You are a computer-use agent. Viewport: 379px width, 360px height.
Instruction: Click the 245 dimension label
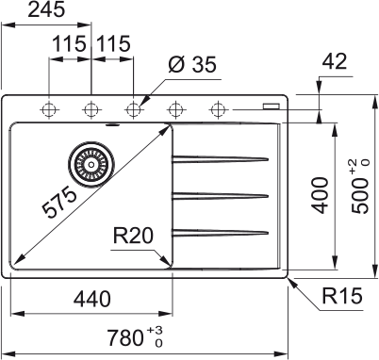[46, 9]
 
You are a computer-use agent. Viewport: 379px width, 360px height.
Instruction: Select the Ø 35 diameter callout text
[192, 65]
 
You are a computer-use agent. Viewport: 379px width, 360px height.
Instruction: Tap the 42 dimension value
[335, 61]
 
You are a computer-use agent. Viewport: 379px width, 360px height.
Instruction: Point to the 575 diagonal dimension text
[59, 202]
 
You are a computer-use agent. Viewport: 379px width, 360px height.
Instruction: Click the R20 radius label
[133, 236]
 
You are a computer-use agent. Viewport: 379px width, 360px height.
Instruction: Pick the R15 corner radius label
[342, 295]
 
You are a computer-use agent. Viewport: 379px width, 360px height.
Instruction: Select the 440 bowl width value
[91, 299]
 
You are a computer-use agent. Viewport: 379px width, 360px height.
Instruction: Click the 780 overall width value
[125, 337]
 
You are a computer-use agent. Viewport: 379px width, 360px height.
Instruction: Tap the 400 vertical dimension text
[320, 195]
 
